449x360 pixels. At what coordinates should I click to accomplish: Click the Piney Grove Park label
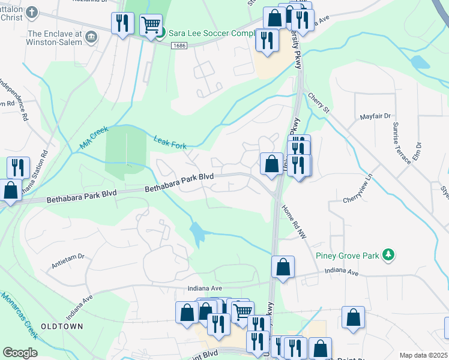pos(348,256)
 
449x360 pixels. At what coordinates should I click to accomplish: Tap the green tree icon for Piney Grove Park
pos(388,255)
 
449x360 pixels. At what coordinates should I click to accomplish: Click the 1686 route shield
pos(178,46)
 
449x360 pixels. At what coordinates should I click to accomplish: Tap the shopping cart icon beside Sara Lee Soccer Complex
pos(151,25)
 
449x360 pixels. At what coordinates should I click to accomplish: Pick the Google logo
pos(20,352)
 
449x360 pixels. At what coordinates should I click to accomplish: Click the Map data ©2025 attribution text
pos(423,355)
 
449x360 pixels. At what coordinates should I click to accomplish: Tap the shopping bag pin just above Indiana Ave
pos(283,266)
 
